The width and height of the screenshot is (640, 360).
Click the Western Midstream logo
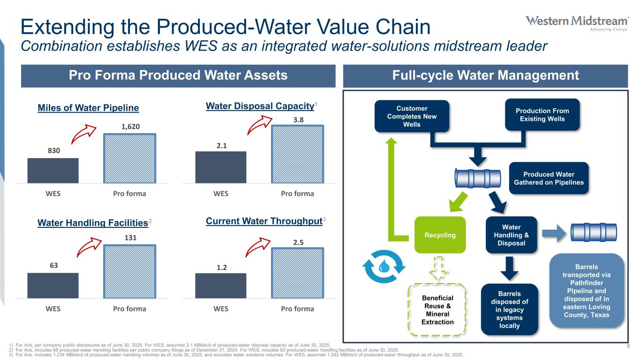point(577,23)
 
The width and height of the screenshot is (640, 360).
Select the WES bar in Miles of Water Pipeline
point(53,171)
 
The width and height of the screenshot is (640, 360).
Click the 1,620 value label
point(130,127)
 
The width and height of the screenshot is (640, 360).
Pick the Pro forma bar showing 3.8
point(297,154)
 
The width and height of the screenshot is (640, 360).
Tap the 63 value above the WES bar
point(54,265)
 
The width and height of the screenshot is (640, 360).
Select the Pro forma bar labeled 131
point(130,271)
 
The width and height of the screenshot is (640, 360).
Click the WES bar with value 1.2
point(220,286)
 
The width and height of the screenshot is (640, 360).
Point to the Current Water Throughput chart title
point(264,221)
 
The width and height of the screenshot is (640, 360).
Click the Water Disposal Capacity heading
point(260,106)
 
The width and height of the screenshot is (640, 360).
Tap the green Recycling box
point(440,235)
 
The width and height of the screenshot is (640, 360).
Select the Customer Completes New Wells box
point(412,116)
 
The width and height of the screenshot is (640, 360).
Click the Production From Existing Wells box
point(542,115)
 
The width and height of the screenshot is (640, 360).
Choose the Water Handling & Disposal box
point(512,235)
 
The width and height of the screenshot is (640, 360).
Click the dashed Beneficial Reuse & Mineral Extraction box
point(437,310)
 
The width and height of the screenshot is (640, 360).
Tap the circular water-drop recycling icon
point(384,266)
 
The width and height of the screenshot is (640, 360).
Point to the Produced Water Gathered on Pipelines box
point(549,178)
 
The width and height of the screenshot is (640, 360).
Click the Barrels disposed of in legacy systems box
point(510,309)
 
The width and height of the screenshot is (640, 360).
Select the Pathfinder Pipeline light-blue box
point(587,291)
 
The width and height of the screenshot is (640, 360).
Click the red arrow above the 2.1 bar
point(259,125)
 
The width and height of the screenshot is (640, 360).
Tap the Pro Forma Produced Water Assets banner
point(178,76)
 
